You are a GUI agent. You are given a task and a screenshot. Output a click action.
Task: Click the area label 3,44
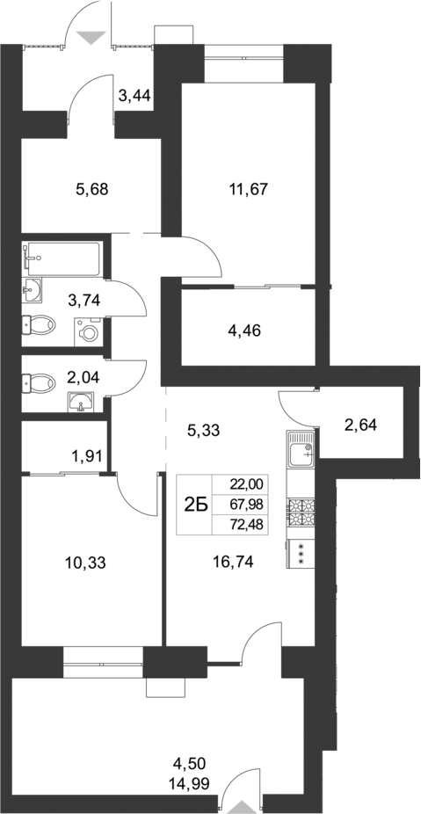pyautogui.click(x=134, y=96)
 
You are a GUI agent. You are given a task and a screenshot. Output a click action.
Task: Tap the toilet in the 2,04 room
pyautogui.click(x=38, y=382)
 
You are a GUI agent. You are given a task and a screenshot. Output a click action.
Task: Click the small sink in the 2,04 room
pyautogui.click(x=83, y=403)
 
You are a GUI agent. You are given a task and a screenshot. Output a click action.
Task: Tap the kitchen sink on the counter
pyautogui.click(x=301, y=449)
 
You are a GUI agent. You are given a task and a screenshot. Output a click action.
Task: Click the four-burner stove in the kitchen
pyautogui.click(x=301, y=513)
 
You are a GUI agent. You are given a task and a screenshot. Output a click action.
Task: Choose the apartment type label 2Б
pyautogui.click(x=194, y=504)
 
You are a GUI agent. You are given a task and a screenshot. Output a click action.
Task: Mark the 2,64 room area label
pyautogui.click(x=362, y=425)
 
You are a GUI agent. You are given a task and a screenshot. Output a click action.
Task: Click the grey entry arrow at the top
pyautogui.click(x=90, y=37)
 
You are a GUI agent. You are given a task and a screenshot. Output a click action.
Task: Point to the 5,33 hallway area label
pyautogui.click(x=203, y=431)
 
